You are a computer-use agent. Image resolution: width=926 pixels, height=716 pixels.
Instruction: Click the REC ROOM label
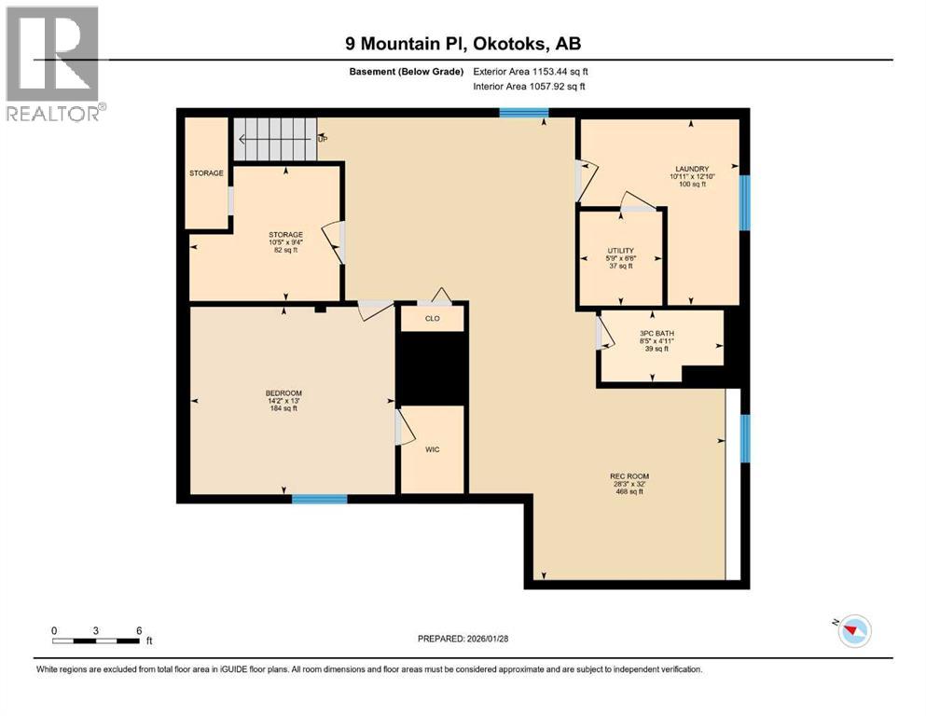[x=624, y=475]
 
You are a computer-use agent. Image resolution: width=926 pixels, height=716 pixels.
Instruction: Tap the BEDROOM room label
[x=283, y=392]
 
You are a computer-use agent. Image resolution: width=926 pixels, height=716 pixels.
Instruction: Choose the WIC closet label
[x=432, y=449]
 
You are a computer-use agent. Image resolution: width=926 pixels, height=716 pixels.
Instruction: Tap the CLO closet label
[x=432, y=318]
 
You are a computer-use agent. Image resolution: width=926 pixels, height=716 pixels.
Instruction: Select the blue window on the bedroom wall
[x=319, y=500]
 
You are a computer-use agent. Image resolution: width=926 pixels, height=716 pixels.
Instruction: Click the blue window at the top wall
[x=523, y=113]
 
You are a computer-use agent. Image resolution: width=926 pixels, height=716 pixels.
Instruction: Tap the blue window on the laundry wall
[x=744, y=202]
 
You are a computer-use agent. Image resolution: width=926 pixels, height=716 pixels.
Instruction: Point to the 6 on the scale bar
[x=139, y=630]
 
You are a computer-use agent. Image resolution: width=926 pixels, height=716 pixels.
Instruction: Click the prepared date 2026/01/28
[x=502, y=639]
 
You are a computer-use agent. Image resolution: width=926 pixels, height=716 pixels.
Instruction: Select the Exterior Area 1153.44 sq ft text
[x=532, y=71]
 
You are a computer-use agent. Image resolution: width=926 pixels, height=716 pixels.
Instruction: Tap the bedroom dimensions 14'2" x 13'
[x=283, y=401]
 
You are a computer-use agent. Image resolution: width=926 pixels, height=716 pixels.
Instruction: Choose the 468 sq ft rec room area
[x=624, y=491]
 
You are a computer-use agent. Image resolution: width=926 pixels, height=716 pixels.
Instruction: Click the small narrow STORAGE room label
[x=205, y=172]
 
